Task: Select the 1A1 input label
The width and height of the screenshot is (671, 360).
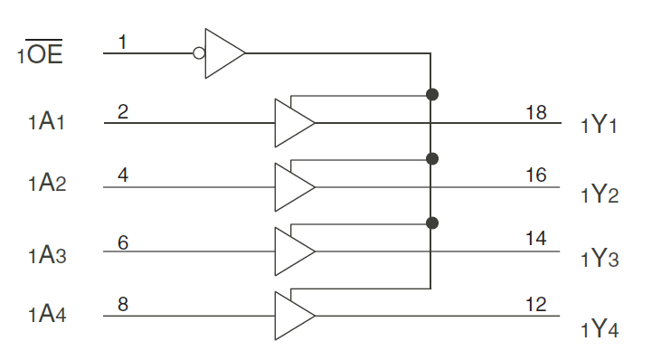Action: pyautogui.click(x=44, y=121)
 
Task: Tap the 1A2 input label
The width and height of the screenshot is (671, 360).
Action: pyautogui.click(x=44, y=185)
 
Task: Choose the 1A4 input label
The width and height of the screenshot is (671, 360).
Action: pyautogui.click(x=44, y=315)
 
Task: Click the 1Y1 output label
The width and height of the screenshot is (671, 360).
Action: pyautogui.click(x=600, y=125)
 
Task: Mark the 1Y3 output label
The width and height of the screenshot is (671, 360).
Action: pyautogui.click(x=600, y=259)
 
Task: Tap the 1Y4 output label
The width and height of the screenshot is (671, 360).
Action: pyautogui.click(x=600, y=327)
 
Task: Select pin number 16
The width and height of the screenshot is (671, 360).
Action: pyautogui.click(x=535, y=175)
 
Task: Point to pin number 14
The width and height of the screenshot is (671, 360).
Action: pyautogui.click(x=535, y=239)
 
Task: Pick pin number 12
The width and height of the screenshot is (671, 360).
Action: pyautogui.click(x=535, y=305)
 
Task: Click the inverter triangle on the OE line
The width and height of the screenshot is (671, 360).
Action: pyautogui.click(x=223, y=52)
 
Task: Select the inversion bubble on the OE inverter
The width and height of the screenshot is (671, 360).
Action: pyautogui.click(x=199, y=52)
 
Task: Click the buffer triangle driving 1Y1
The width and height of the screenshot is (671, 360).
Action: pyautogui.click(x=293, y=122)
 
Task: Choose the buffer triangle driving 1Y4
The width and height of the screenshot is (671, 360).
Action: pyautogui.click(x=293, y=316)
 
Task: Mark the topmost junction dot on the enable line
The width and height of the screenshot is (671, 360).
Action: pyautogui.click(x=432, y=94)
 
